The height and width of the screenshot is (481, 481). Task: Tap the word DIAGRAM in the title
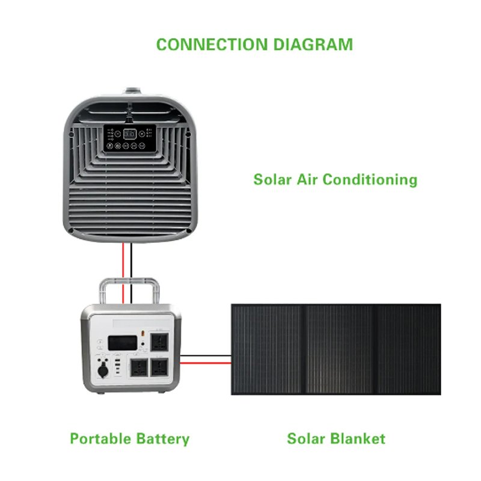pyautogui.click(x=313, y=44)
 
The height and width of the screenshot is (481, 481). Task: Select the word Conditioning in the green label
pyautogui.click(x=370, y=180)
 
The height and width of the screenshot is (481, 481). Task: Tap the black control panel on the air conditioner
pyautogui.click(x=129, y=138)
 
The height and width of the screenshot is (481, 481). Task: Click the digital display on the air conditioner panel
pyautogui.click(x=129, y=134)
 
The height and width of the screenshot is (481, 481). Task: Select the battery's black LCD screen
pyautogui.click(x=123, y=343)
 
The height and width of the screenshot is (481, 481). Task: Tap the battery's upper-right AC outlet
pyautogui.click(x=159, y=343)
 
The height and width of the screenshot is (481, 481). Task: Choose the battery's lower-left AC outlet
pyautogui.click(x=139, y=368)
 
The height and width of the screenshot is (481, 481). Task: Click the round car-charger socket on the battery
pyautogui.click(x=103, y=369)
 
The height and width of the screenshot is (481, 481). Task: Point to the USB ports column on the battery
pyautogui.click(x=118, y=365)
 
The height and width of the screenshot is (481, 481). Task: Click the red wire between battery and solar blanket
pyautogui.click(x=206, y=363)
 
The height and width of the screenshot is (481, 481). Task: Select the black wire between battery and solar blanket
pyautogui.click(x=206, y=355)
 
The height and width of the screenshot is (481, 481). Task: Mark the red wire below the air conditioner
pyautogui.click(x=123, y=273)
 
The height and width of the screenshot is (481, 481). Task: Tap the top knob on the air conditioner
pyautogui.click(x=133, y=91)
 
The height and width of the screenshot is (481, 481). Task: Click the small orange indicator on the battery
pyautogui.click(x=142, y=333)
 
